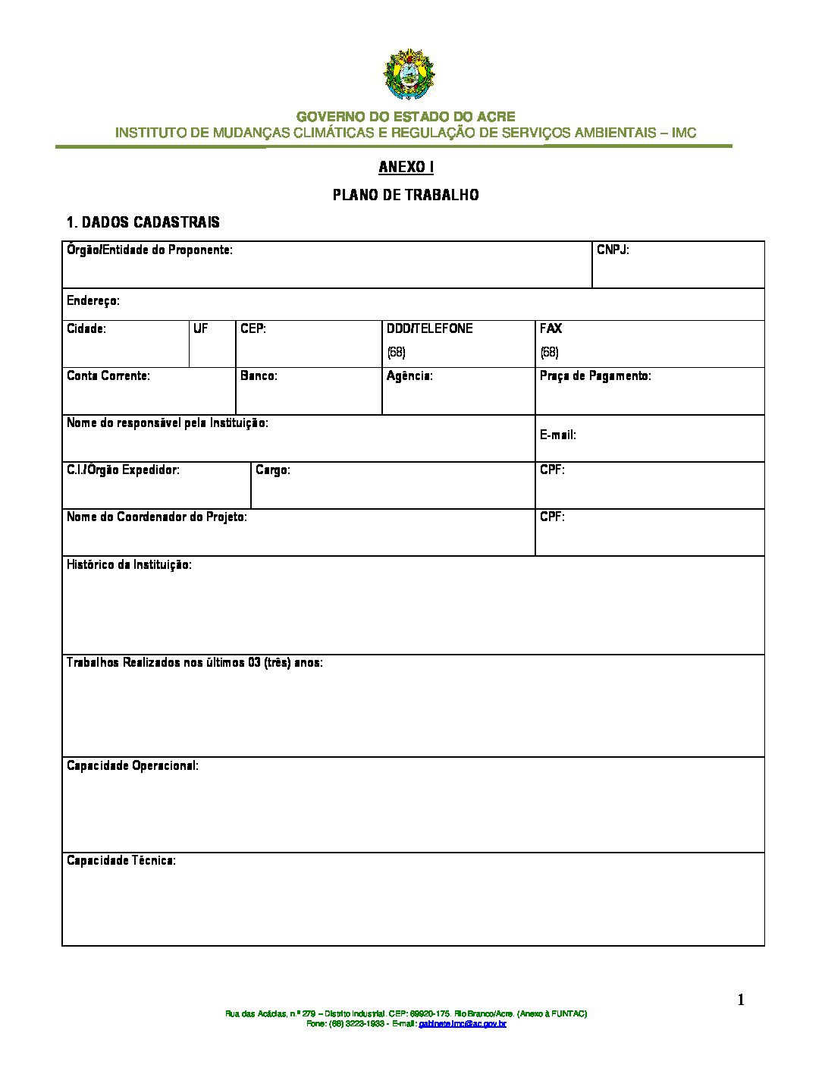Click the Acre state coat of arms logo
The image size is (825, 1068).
(x=409, y=75)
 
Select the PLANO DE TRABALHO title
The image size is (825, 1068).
(x=406, y=195)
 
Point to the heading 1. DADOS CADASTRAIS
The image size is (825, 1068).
(x=143, y=222)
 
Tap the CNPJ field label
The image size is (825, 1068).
(x=613, y=250)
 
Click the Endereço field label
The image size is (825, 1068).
(x=93, y=301)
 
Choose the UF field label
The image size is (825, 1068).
(x=201, y=328)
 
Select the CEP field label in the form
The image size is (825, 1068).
(x=253, y=328)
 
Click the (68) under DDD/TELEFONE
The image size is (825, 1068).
(x=396, y=352)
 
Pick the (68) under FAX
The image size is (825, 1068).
(x=549, y=352)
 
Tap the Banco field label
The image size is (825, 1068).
(x=259, y=375)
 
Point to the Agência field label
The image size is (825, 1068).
(x=409, y=375)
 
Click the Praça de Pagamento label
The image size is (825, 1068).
(x=595, y=375)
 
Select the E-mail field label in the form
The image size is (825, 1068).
(x=558, y=435)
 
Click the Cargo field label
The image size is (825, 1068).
(x=273, y=470)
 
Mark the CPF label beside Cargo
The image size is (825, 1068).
(x=552, y=470)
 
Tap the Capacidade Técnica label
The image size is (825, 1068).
(x=121, y=860)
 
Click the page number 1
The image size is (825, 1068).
(x=741, y=1000)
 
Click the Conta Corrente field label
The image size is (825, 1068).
(x=108, y=375)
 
